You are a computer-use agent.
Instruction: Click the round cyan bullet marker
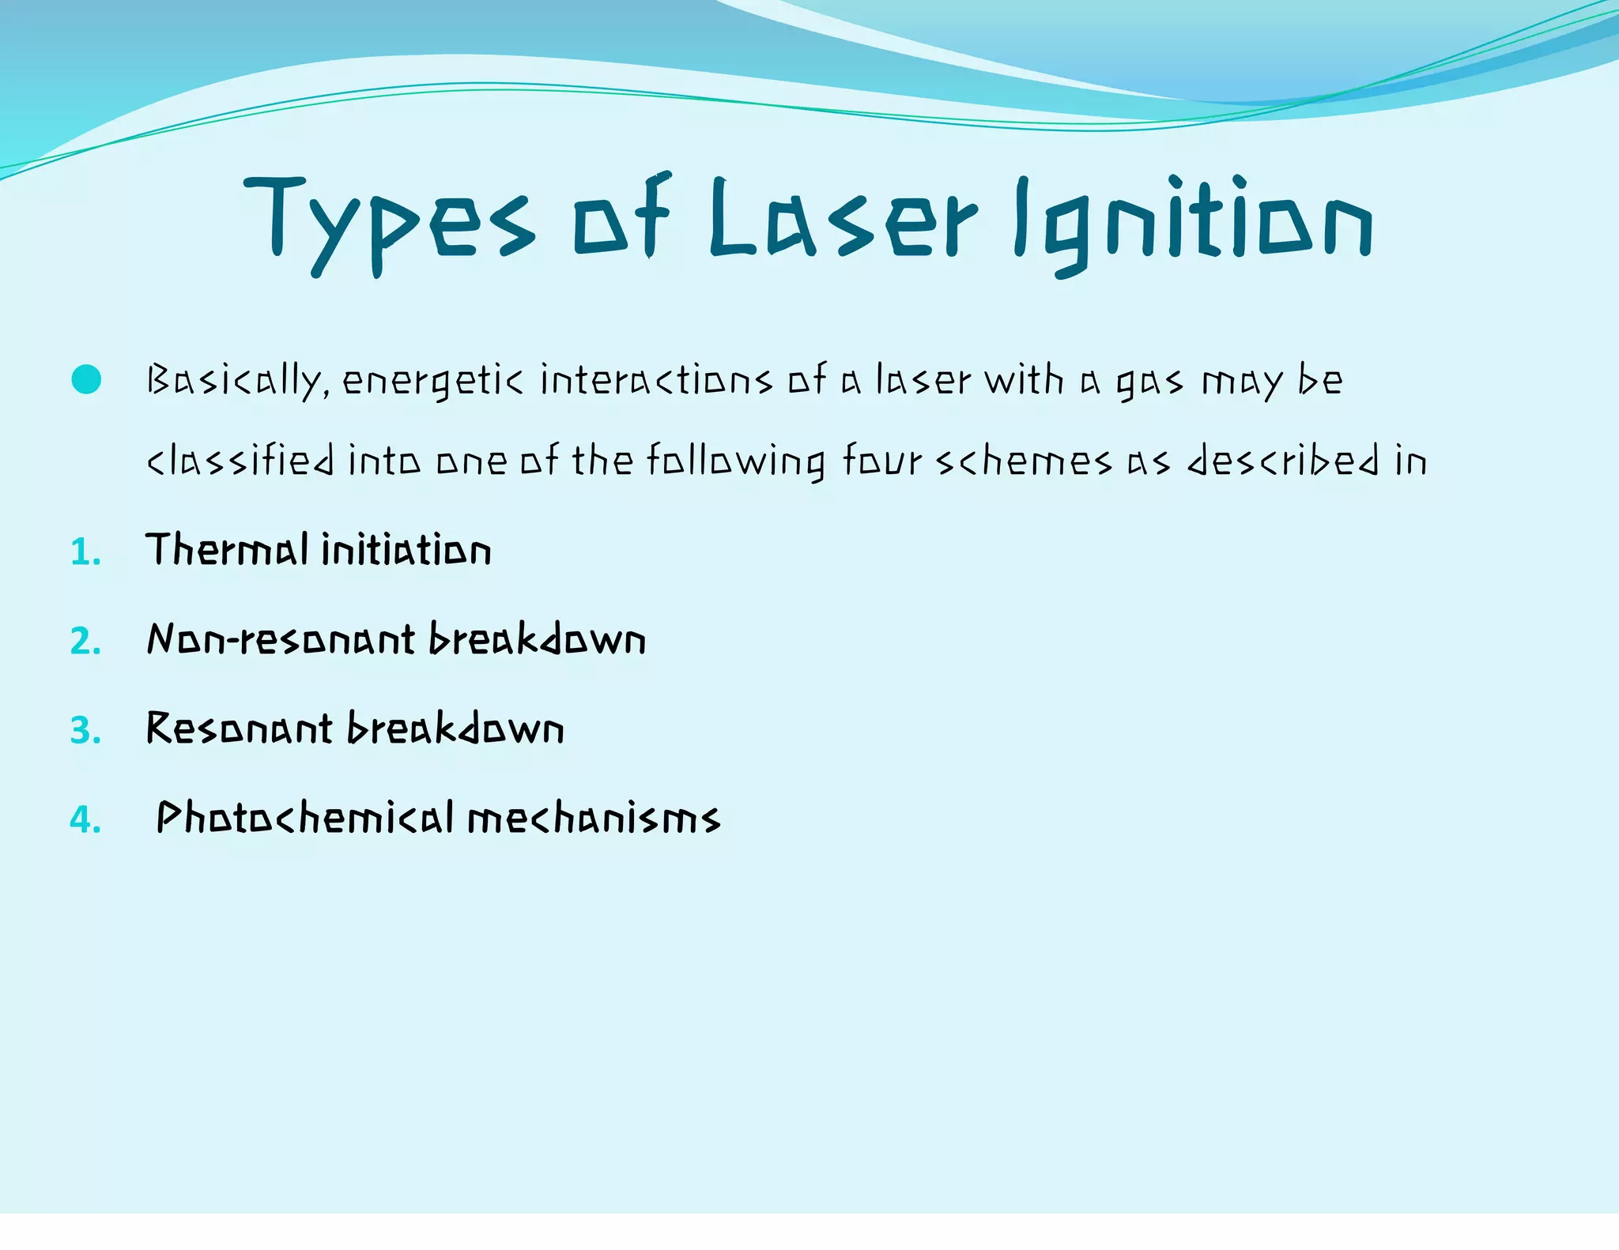[x=86, y=380]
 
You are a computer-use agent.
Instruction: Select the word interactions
[x=655, y=381]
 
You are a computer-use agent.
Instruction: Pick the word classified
[x=240, y=461]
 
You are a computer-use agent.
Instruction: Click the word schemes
[x=1025, y=461]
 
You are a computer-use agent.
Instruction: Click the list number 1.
[x=85, y=552]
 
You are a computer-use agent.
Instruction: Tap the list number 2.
[x=85, y=641]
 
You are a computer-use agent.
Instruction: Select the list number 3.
[x=85, y=730]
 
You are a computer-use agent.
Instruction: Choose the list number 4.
[x=85, y=819]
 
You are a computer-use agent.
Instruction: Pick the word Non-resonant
[x=281, y=638]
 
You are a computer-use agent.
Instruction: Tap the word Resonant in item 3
[x=240, y=728]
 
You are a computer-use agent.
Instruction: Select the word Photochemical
[x=304, y=817]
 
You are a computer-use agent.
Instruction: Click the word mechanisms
[x=594, y=819]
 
